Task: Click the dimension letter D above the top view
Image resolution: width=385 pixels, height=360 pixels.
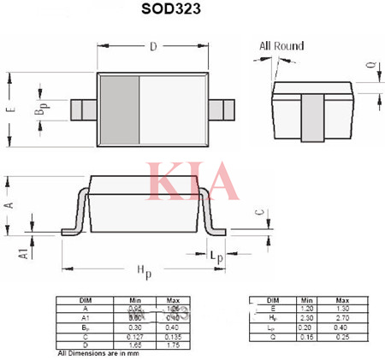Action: [x=153, y=47]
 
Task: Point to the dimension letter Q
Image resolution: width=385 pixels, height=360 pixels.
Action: [x=370, y=66]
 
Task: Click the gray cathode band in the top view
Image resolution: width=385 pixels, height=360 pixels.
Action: [x=118, y=110]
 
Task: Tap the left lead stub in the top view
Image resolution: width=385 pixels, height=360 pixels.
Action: [x=82, y=110]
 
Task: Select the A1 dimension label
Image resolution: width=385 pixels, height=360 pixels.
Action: [x=24, y=251]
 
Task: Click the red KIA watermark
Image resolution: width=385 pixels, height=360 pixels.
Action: [x=192, y=180]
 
